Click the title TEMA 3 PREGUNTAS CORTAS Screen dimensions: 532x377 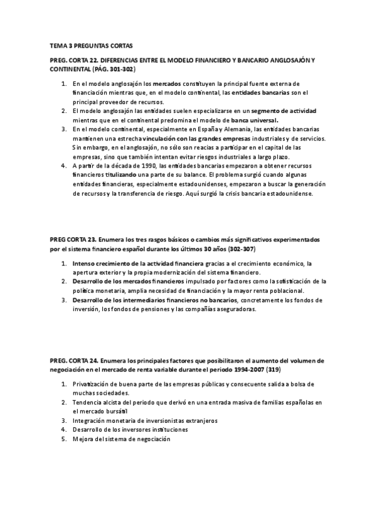(91, 46)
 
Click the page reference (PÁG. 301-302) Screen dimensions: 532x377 (107, 68)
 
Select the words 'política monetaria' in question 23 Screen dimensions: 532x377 (100, 291)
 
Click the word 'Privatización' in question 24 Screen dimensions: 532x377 (92, 384)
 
